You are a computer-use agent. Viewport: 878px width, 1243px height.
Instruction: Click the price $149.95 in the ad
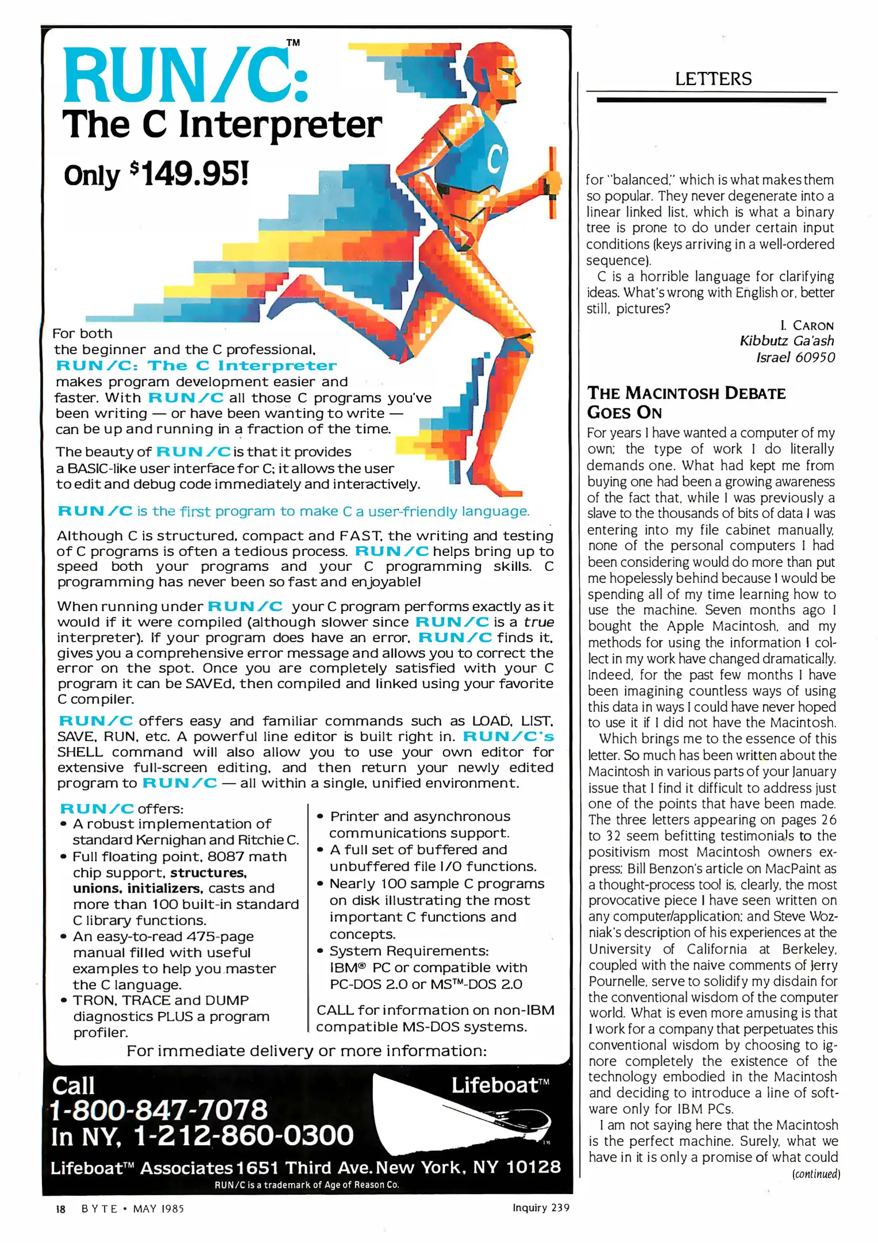(x=190, y=174)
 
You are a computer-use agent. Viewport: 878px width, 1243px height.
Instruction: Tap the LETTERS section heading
(x=713, y=79)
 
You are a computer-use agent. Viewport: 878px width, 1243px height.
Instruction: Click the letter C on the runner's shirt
(x=494, y=159)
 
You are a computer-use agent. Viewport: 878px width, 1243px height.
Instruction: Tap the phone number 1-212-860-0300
(x=243, y=1135)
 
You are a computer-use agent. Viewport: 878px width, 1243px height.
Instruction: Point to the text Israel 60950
(x=795, y=357)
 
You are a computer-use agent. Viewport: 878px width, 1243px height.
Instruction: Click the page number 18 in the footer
(x=60, y=1209)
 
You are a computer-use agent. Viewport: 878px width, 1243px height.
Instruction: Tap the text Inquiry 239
(x=540, y=1208)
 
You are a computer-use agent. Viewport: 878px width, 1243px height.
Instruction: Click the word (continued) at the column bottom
(x=816, y=1174)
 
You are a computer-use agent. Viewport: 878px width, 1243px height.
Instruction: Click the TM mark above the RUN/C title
(x=293, y=43)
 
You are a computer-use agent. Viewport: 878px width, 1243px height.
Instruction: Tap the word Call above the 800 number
(x=73, y=1086)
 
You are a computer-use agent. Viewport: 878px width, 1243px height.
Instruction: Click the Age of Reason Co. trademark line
(x=307, y=1185)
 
